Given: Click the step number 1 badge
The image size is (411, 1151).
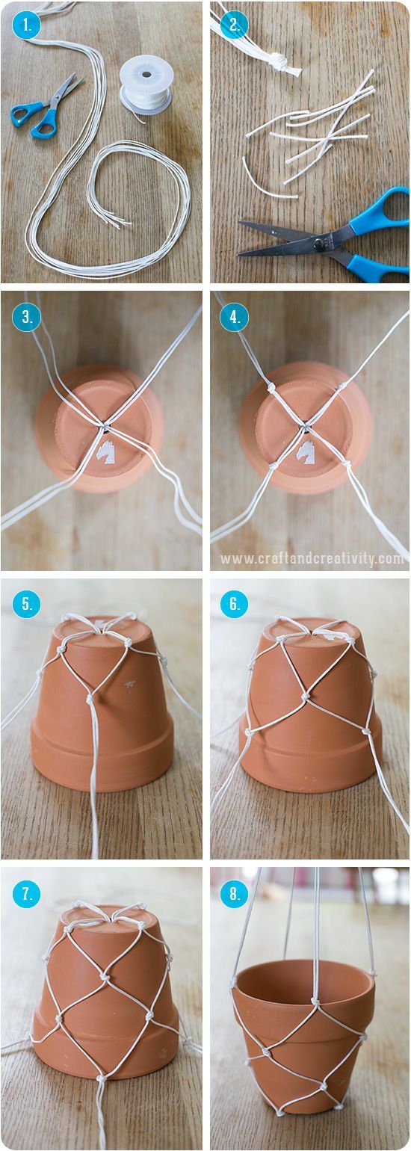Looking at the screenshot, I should (25, 27).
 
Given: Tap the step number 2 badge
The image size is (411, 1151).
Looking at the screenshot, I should (233, 27).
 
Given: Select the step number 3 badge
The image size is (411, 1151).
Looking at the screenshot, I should (25, 317).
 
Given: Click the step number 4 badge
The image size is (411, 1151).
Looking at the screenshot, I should (233, 317).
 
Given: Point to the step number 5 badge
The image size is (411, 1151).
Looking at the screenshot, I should (25, 604).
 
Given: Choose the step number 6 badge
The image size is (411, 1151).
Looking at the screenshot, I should (233, 604).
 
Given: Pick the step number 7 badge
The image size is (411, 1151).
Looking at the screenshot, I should (25, 892).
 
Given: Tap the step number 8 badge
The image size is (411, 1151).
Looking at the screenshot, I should (233, 892).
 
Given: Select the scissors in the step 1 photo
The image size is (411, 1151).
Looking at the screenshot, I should (46, 109).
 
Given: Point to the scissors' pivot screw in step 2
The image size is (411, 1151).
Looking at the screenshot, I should (319, 241).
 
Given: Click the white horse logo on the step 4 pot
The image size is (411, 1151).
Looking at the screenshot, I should (306, 451).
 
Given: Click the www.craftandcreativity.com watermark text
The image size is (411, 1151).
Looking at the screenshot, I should (312, 558).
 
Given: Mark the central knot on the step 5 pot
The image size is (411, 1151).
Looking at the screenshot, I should (90, 699).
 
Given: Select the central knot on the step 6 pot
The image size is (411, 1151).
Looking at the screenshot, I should (306, 697).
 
